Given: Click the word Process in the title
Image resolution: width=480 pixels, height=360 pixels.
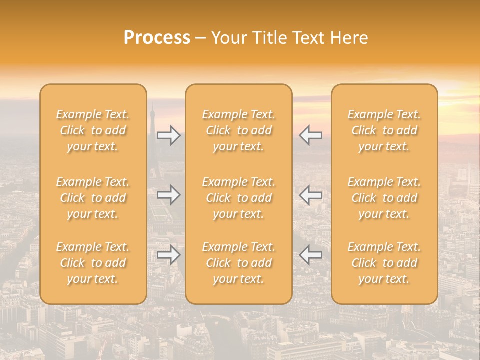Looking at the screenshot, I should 157,38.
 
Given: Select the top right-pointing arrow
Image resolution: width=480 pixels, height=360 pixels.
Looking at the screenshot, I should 169,135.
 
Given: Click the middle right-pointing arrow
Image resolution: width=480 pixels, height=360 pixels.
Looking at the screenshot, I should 169,195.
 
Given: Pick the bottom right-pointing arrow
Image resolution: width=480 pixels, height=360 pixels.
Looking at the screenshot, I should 169,255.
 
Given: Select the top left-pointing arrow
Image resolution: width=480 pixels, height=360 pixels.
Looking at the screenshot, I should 310,135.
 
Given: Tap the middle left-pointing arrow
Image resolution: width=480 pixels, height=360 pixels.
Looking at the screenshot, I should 310,195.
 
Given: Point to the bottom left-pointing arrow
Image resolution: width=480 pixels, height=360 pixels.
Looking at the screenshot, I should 310,255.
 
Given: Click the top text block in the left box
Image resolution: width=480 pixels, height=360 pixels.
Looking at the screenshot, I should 93,130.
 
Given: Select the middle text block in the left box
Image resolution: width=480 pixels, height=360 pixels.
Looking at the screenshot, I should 93,198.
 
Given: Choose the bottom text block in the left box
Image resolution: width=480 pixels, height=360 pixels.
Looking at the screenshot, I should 93,263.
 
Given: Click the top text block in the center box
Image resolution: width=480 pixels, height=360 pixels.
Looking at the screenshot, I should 238,130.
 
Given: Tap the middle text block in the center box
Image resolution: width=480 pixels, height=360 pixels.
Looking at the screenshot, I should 238,198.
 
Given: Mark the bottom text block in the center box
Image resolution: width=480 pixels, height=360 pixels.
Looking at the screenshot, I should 238,263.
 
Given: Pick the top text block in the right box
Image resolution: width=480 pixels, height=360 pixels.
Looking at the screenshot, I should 384,130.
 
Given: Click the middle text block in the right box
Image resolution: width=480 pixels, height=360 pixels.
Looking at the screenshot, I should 384,198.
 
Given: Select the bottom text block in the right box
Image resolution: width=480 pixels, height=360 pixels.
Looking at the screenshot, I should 384,263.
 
